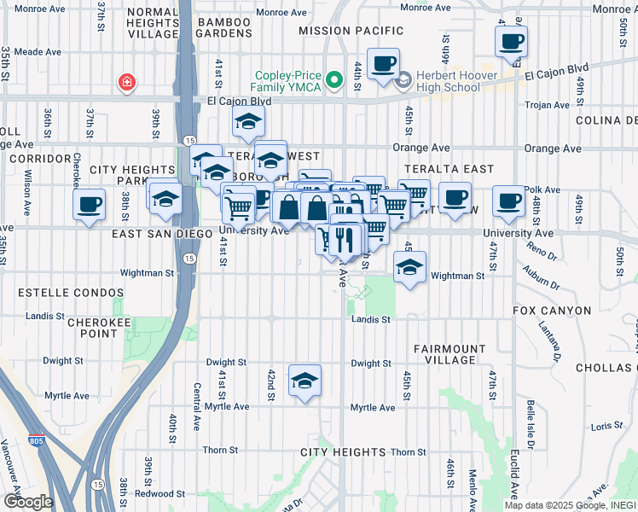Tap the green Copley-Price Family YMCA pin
335,81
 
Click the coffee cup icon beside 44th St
383,63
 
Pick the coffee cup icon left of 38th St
90,204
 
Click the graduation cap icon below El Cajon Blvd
248,121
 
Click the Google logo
28,502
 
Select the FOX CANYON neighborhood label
552,311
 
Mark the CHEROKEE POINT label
93,328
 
